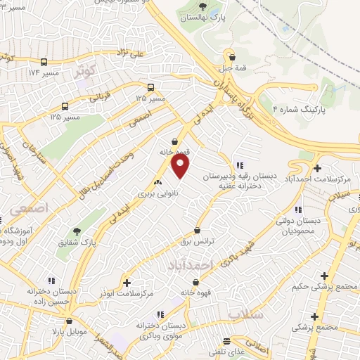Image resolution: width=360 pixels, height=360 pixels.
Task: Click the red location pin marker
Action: click(181, 166)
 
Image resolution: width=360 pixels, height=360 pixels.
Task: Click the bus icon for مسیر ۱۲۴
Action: click(44, 62)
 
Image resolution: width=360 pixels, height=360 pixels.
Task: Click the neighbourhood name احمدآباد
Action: click(189, 264)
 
